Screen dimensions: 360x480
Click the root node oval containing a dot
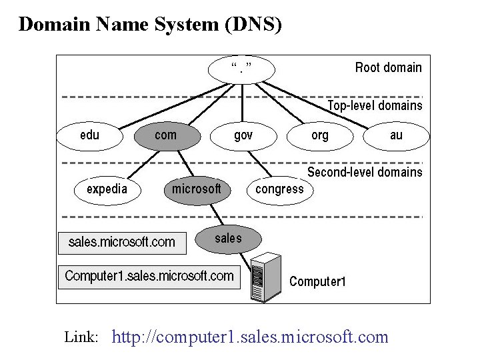click(x=241, y=68)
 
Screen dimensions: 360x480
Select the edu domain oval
click(x=90, y=136)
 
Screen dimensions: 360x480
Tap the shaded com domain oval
click(x=167, y=136)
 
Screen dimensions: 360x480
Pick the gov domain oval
click(x=243, y=136)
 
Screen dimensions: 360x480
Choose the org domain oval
click(x=320, y=136)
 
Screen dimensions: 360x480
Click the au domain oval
click(x=397, y=136)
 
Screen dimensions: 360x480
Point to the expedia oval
click(x=107, y=189)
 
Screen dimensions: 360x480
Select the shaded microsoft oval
click(x=197, y=189)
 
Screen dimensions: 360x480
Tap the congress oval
click(x=280, y=189)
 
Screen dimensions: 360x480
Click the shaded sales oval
click(x=228, y=239)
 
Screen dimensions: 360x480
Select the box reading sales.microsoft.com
click(x=122, y=242)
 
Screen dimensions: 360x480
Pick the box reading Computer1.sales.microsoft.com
click(x=149, y=276)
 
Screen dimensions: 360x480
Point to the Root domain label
click(x=388, y=67)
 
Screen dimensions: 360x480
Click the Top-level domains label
click(x=375, y=105)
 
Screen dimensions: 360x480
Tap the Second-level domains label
click(x=365, y=172)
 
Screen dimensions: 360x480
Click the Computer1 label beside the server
click(x=317, y=281)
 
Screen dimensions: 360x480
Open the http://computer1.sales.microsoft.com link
click(x=250, y=337)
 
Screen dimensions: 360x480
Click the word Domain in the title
click(x=55, y=25)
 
